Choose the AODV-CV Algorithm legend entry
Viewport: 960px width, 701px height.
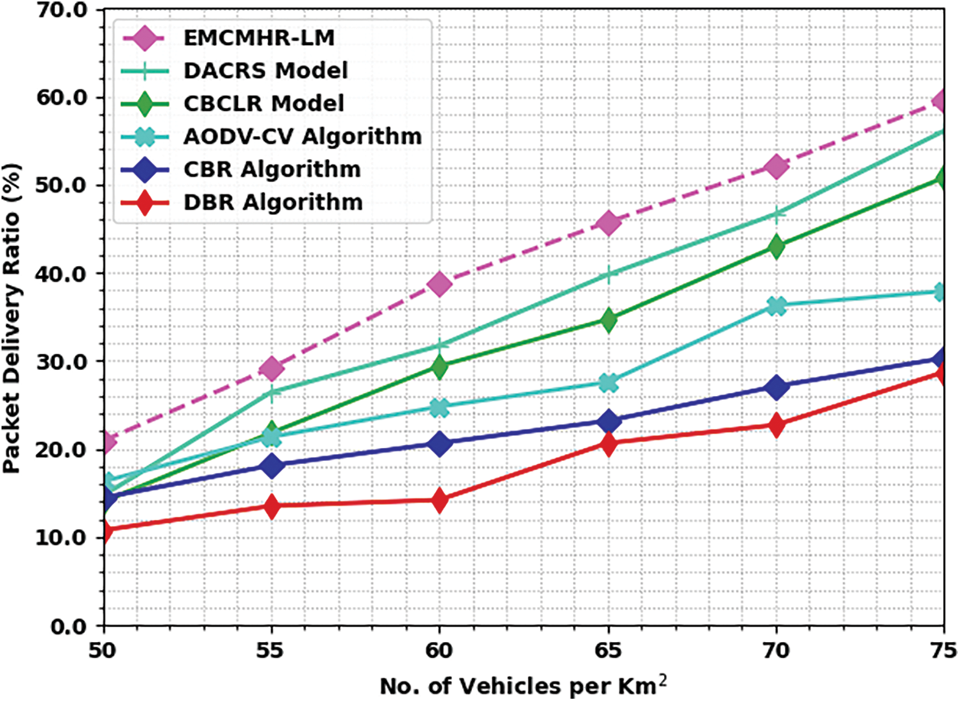pos(303,136)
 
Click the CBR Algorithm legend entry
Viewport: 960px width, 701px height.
pos(272,169)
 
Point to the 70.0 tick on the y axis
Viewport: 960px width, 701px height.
pos(67,10)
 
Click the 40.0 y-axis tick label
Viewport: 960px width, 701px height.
pos(67,274)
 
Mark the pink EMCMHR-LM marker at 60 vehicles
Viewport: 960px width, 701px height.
pos(440,284)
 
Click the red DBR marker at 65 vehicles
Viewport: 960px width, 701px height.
pos(608,443)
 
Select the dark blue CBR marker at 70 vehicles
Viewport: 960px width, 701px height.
pos(776,387)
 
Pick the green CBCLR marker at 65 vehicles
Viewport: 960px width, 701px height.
pos(608,320)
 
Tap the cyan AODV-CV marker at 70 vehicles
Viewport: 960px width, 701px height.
pos(776,306)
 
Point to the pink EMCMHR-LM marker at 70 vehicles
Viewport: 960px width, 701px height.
pos(776,166)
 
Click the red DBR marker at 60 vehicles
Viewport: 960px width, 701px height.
pos(440,500)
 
